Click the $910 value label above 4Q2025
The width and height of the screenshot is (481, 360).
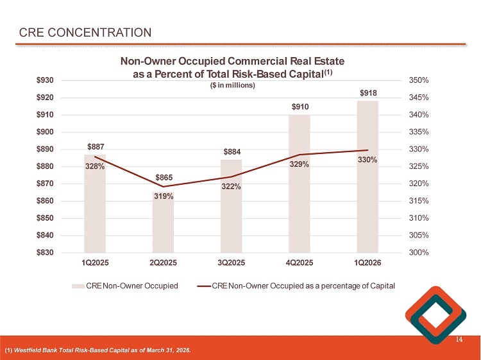point(300,107)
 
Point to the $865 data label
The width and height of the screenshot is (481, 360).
point(163,177)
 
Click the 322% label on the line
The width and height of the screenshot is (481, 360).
point(231,187)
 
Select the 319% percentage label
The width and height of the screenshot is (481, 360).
point(163,196)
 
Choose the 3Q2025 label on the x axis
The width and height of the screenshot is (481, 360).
point(231,262)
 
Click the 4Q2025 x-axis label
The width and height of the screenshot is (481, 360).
point(300,262)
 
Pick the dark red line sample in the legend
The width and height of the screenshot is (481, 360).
point(204,285)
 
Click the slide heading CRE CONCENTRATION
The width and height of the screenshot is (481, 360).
point(85,33)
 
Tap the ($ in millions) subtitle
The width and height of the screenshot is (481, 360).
point(232,86)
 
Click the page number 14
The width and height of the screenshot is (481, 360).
point(459,339)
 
